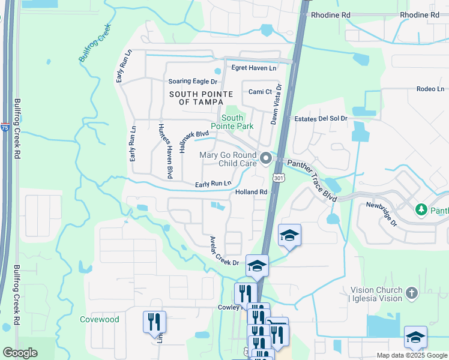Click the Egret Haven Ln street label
coord(254,68)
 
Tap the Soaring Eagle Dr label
coord(192,81)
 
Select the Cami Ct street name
coord(261,92)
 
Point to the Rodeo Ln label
coord(430,89)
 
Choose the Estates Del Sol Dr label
coord(321,119)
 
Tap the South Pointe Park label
coord(237,122)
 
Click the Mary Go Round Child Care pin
coord(265,158)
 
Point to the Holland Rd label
coord(251,192)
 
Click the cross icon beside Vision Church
coord(411,293)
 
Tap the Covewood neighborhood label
coord(99,320)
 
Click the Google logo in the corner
coord(20,353)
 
